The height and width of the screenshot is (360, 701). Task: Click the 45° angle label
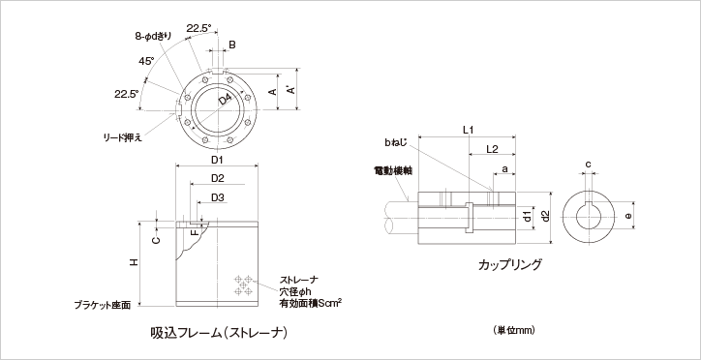click(x=146, y=61)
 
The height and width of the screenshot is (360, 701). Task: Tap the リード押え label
click(x=124, y=137)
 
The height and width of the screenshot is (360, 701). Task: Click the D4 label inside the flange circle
click(x=225, y=99)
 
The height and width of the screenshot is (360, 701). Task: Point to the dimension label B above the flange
click(x=231, y=45)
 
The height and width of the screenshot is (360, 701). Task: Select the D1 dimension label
click(x=217, y=159)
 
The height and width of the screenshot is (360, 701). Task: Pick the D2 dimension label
click(x=217, y=178)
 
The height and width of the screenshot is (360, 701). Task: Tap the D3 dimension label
click(x=217, y=197)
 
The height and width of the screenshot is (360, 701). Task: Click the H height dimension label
click(x=135, y=262)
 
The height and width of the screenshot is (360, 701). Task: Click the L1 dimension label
click(x=468, y=130)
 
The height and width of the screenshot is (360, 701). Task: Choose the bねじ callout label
click(x=395, y=142)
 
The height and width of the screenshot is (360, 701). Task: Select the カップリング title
click(x=508, y=263)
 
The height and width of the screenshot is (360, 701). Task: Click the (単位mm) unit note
click(x=514, y=330)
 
